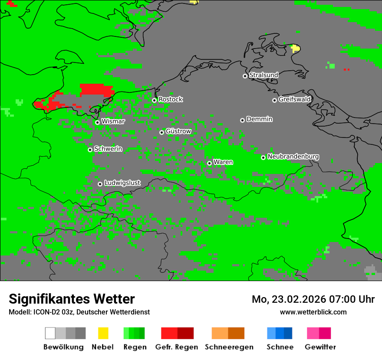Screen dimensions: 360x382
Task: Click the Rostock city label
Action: point(171,99)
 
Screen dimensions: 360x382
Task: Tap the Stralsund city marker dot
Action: point(245,76)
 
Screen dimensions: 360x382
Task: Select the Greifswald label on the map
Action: point(295,99)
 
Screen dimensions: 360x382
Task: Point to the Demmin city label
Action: point(260,119)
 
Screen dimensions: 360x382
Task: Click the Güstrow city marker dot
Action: point(161,132)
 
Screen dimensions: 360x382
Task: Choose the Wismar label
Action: point(113,121)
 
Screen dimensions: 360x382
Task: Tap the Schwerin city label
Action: point(108,149)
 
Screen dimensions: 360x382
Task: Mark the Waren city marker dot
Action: point(209,163)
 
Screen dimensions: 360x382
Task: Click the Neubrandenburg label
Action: point(293,157)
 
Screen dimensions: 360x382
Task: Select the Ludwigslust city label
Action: point(122,183)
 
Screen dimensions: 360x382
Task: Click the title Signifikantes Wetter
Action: point(72,299)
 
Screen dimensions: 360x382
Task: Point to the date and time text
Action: point(313,299)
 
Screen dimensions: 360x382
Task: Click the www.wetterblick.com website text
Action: point(313,312)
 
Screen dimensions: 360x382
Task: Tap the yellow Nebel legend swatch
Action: point(103,333)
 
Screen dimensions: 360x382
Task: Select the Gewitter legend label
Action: point(320,347)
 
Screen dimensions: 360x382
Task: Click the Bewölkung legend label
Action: point(63,347)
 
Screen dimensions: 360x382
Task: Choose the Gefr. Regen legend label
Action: point(177,347)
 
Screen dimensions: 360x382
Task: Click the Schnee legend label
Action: point(280,347)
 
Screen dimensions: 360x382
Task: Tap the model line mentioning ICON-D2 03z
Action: point(79,312)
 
